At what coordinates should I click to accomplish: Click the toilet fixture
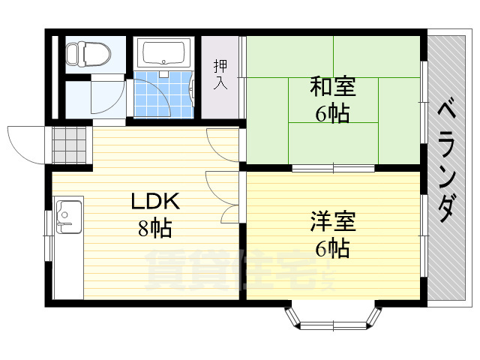point(88,54)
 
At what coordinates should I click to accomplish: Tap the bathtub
point(164,52)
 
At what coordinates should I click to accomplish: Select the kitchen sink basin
point(68,217)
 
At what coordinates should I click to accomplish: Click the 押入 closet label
point(220,74)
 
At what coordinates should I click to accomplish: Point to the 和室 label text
point(333,87)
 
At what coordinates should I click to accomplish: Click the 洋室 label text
point(333,221)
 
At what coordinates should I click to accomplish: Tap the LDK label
point(155,201)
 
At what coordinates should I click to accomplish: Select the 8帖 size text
point(154,228)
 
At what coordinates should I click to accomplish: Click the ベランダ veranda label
point(446,160)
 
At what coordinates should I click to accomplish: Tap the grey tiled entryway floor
point(69,145)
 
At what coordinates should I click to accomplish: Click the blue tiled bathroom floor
point(163,94)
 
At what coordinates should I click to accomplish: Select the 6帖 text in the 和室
point(332,113)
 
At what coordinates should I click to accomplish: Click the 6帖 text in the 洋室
point(332,248)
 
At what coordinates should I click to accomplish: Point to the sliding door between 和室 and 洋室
point(333,168)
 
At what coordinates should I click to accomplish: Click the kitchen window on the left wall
point(48,235)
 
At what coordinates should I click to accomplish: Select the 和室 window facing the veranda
point(424,102)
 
